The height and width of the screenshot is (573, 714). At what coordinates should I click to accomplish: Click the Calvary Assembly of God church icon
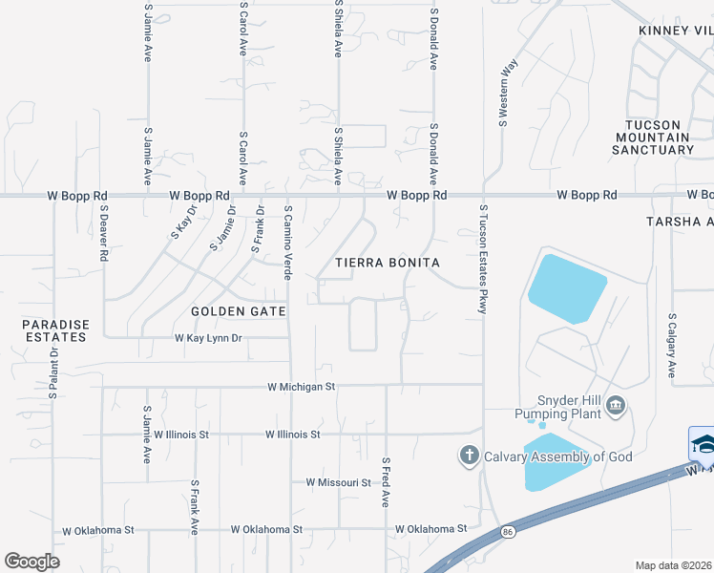coord(469,456)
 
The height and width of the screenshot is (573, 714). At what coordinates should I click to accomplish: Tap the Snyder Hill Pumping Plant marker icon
coord(617,407)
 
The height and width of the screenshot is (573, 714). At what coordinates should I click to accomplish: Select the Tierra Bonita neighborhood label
coord(387,262)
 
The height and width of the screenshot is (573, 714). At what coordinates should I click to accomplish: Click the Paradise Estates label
coord(56,330)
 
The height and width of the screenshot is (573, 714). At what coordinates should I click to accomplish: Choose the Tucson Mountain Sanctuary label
coord(653,138)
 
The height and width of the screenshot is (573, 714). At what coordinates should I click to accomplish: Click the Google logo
coord(31,562)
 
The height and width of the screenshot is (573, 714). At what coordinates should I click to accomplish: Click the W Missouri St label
coord(338,483)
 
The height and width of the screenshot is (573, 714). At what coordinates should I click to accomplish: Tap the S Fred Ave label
coord(387,482)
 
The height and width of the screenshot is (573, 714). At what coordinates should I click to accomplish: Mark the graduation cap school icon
coord(703,444)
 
